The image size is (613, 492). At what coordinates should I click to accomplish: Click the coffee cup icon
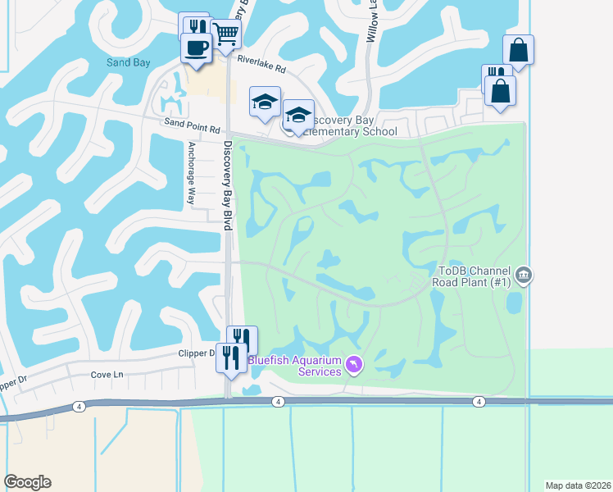tap(196, 47)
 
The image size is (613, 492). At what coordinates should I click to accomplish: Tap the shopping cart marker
tap(225, 34)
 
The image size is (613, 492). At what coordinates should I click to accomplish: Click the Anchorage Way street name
tap(191, 174)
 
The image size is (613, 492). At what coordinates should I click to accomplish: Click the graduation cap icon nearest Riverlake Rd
tap(265, 102)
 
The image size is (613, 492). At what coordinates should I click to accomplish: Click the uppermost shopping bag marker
tap(518, 49)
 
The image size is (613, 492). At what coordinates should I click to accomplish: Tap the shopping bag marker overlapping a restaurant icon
tap(500, 90)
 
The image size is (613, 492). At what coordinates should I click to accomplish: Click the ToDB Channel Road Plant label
tap(475, 276)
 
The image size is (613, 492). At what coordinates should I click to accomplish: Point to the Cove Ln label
tap(107, 375)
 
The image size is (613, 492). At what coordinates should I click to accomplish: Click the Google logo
tap(27, 482)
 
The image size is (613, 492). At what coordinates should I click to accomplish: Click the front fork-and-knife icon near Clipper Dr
tap(230, 357)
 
